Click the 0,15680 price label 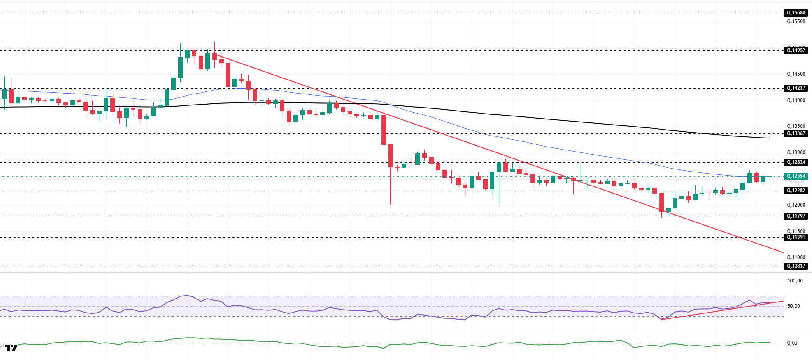(796, 13)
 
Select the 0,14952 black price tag (796, 50)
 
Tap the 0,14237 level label (796, 88)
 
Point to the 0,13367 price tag (796, 133)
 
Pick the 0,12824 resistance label (796, 162)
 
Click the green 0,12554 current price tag (796, 176)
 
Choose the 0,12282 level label (796, 191)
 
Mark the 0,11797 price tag (796, 216)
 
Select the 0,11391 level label (796, 237)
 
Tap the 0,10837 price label (796, 266)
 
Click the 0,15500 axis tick (796, 22)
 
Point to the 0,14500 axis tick (796, 74)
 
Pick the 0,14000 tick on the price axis (796, 100)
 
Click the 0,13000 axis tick (796, 152)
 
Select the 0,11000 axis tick (796, 258)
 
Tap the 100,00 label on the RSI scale (795, 281)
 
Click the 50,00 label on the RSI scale (793, 306)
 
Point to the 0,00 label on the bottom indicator (792, 343)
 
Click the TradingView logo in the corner (11, 348)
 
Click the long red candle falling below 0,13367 (384, 130)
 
